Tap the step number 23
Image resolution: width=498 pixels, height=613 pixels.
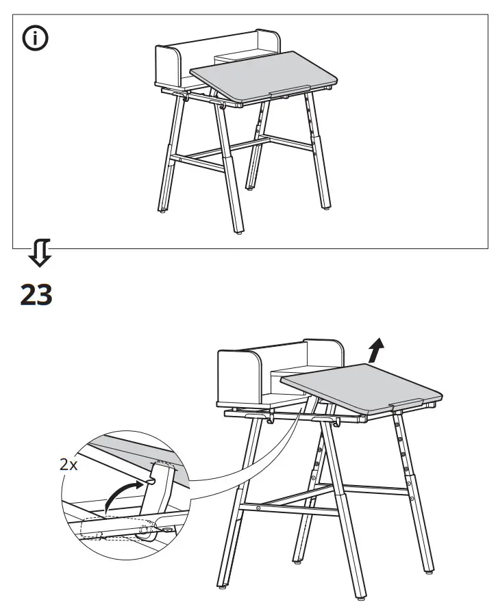click(x=36, y=295)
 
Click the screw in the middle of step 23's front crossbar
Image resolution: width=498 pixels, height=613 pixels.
click(x=258, y=508)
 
